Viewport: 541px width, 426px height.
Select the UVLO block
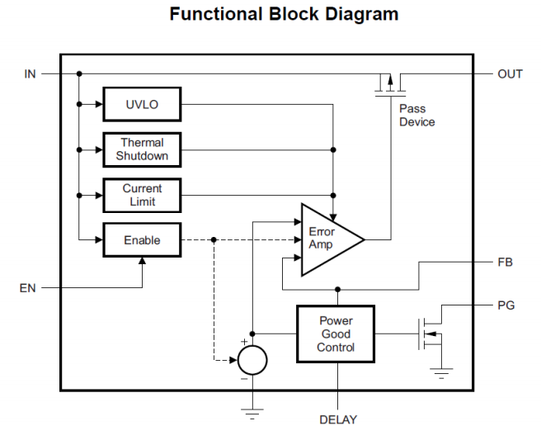click(x=141, y=105)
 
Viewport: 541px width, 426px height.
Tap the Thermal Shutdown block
click(x=141, y=149)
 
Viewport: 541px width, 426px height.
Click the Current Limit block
click(x=141, y=195)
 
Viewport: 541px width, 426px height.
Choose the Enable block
click(x=141, y=240)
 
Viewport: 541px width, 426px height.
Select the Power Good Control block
click(x=336, y=334)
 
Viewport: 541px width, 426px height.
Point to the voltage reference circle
click(x=252, y=360)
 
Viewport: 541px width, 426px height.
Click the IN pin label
click(x=30, y=74)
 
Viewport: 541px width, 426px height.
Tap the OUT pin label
click(x=510, y=74)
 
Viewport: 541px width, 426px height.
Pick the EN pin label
click(x=28, y=288)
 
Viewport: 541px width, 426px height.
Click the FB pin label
click(x=506, y=263)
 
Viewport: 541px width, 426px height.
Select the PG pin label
click(x=506, y=305)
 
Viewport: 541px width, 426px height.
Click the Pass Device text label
click(x=416, y=116)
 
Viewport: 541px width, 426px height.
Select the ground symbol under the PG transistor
click(x=443, y=373)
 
